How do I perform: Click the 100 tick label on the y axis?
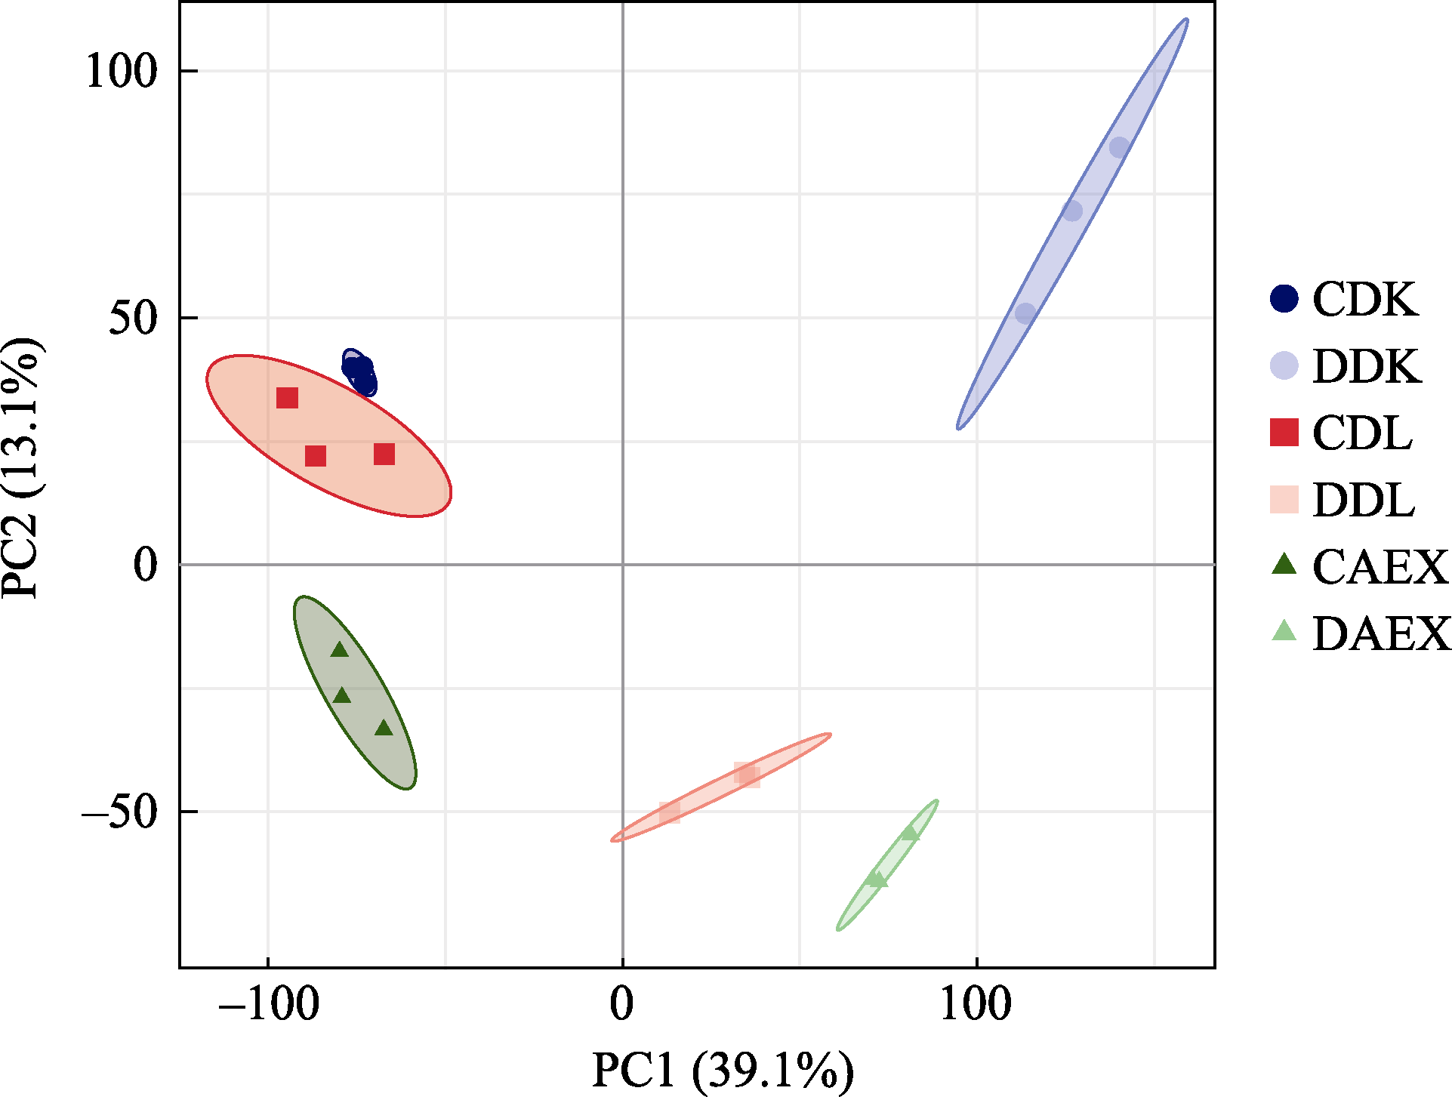121,72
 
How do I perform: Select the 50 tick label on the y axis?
132,318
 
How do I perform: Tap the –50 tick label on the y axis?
119,812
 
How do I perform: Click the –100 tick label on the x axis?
268,1005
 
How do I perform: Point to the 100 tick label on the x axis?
976,1005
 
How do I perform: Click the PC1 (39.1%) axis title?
723,1070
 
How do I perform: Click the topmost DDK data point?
1119,147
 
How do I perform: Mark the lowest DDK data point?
1025,313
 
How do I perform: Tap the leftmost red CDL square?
287,398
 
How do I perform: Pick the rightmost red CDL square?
384,454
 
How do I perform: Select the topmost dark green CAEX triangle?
340,649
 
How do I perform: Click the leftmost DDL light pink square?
670,812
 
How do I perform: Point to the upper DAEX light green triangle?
911,834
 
